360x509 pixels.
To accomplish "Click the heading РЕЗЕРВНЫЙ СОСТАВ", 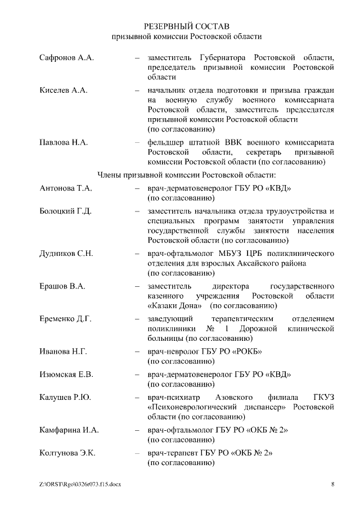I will [186, 26].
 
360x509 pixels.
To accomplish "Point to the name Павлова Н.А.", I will [64, 142].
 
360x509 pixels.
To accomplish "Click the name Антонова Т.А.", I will [66, 188].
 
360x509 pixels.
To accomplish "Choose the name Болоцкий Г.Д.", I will [66, 211].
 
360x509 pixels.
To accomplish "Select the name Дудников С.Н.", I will [66, 253].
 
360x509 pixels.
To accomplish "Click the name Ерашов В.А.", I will [62, 286].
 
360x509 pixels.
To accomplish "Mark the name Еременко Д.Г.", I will [65, 319].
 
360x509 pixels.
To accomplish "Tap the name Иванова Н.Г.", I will [63, 352].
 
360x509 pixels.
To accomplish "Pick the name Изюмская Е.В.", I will [66, 374].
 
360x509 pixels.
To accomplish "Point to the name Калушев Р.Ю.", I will [65, 397].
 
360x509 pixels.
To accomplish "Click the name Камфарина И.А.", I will [69, 430].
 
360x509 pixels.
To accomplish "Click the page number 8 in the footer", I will [332, 484].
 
